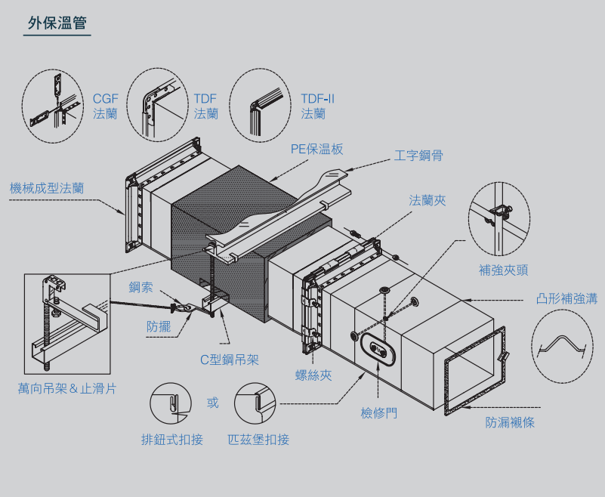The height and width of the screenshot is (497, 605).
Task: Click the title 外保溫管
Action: tap(57, 23)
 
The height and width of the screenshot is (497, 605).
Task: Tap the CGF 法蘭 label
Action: tap(105, 106)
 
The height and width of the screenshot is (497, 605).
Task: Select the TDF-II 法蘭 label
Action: tap(317, 106)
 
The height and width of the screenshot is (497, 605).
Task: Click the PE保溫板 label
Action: tap(317, 149)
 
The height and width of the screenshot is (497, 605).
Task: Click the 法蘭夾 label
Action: tap(428, 200)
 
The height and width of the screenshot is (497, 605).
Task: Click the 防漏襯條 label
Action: tap(510, 422)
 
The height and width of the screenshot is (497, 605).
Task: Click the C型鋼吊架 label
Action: tap(230, 360)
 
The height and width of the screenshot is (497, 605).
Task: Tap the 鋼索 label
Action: tap(141, 287)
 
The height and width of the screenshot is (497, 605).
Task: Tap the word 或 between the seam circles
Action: tap(213, 403)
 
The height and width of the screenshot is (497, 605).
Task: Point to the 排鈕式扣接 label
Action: tap(172, 440)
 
